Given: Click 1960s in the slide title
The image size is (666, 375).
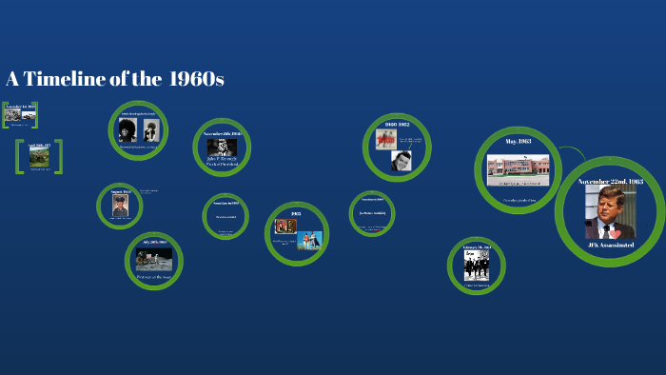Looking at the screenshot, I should coord(196,79).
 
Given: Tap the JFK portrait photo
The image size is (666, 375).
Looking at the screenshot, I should coord(610,211).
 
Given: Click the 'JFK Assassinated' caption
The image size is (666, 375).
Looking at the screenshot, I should coord(610,246).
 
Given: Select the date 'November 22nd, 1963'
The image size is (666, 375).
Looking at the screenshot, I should coord(610,181).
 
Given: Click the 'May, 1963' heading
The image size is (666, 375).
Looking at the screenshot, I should coord(519,141).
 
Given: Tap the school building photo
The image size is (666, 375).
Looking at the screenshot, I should coord(519,170).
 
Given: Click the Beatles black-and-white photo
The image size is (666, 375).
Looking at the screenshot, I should coord(477,266).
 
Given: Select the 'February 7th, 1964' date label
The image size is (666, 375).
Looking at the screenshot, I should coord(477,247).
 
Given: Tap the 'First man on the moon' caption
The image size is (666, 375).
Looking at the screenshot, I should coord(154,276).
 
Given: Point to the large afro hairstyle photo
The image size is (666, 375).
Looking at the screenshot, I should coord(127,130).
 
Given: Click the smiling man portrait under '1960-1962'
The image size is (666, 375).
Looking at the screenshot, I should coord(402,160).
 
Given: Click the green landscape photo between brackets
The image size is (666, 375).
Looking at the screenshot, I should coord(39,157).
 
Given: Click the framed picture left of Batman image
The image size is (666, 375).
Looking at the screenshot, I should coord(284,227).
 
